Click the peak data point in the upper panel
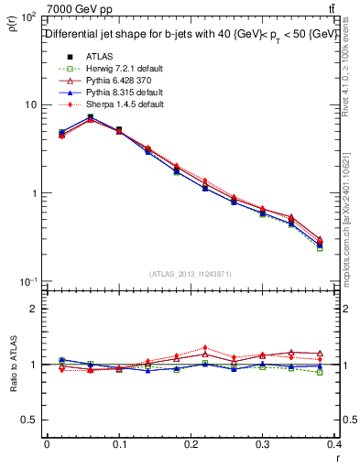point(90,117)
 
